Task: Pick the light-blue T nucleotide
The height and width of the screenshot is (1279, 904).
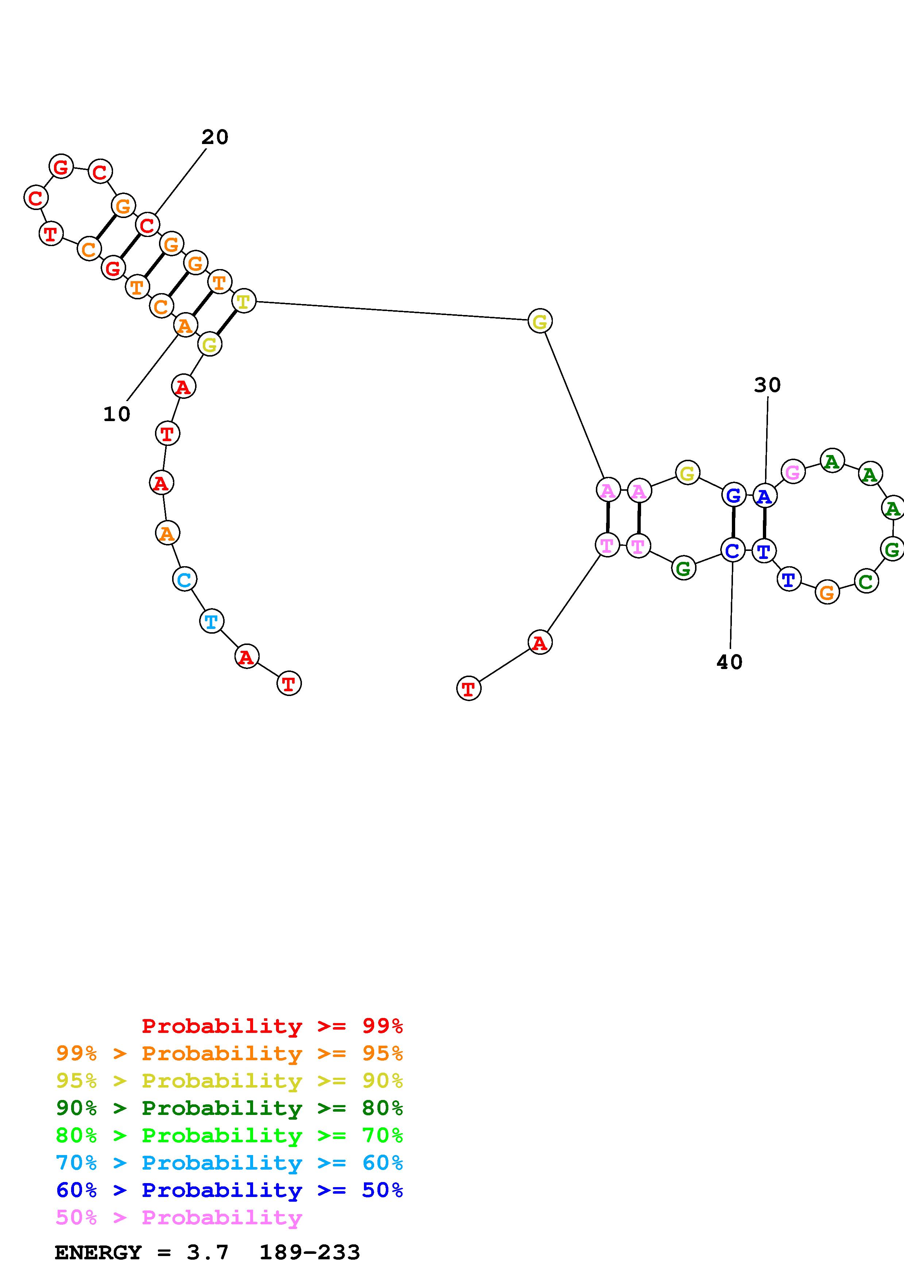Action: click(x=211, y=621)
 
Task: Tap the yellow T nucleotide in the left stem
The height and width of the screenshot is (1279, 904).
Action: click(x=243, y=302)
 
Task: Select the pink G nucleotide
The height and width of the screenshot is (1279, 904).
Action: click(x=793, y=473)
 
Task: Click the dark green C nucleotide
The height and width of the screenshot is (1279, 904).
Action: click(x=866, y=582)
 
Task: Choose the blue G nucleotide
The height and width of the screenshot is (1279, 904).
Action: click(x=734, y=495)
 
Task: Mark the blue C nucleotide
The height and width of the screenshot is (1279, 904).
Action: click(x=733, y=551)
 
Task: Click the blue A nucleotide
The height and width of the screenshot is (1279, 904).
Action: click(x=765, y=495)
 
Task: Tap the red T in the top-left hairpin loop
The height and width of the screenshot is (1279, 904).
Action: click(x=51, y=233)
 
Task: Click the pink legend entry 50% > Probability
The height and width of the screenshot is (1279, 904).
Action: click(x=179, y=1217)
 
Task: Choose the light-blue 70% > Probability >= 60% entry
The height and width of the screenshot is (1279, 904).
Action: click(x=229, y=1163)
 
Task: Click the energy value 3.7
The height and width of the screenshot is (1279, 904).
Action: click(x=207, y=1252)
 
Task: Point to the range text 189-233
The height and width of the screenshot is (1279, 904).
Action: click(x=310, y=1252)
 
